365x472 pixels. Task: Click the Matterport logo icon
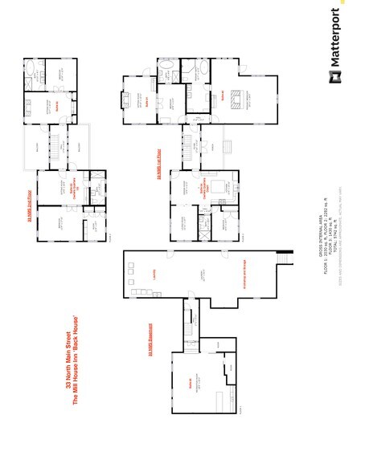tap(332, 78)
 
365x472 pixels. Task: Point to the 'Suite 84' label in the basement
tap(190, 384)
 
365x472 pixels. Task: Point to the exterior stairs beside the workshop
tap(282, 258)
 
